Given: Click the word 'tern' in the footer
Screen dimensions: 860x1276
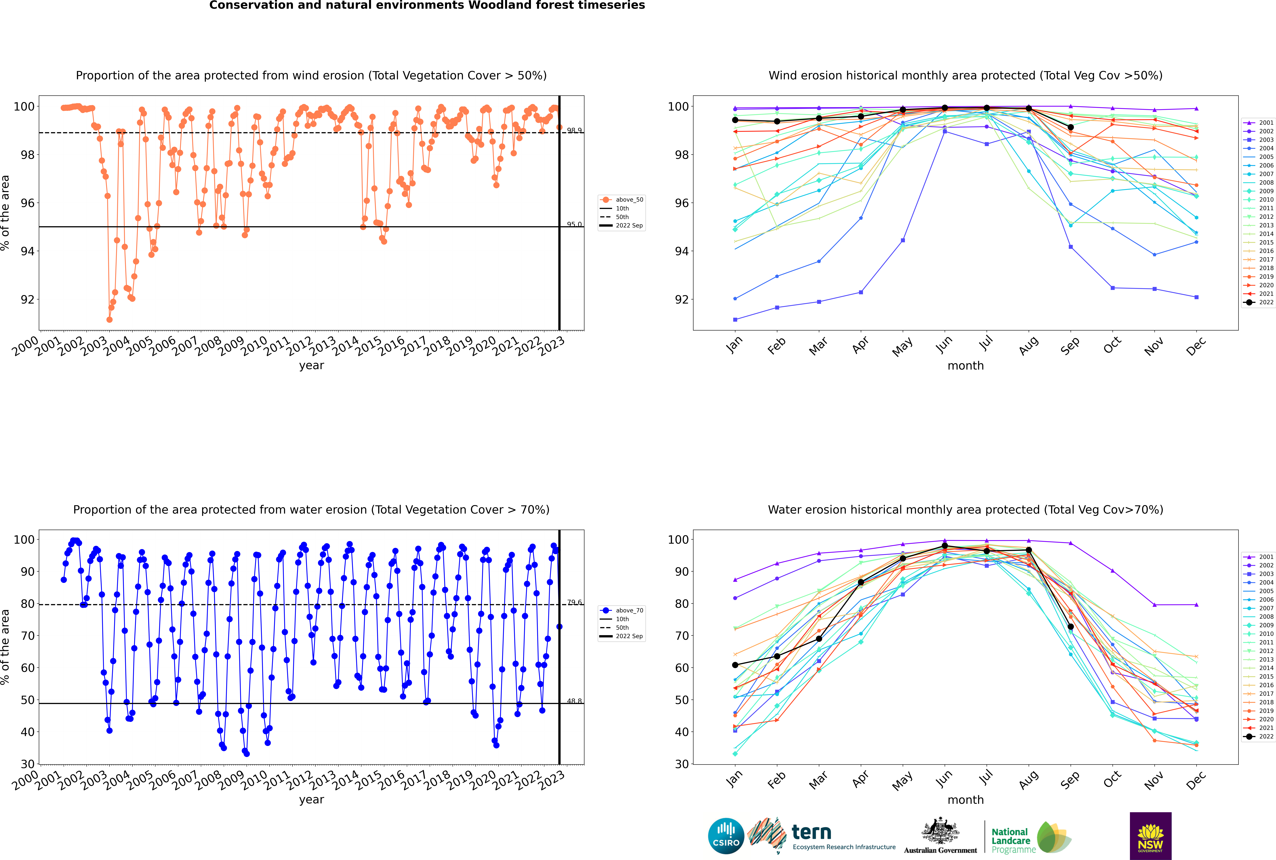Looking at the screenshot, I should tap(811, 833).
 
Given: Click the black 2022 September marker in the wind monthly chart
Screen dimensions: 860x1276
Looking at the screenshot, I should tap(1070, 127).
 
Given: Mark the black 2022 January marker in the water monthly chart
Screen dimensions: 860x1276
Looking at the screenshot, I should tap(735, 665).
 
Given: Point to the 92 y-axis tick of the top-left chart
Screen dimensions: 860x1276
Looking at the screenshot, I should tap(27, 299).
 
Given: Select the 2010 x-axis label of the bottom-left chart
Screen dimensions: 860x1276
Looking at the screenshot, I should tap(255, 779).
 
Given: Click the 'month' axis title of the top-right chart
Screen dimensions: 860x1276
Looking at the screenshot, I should tap(965, 366).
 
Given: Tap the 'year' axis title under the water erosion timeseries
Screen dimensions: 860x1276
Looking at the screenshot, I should tap(312, 800).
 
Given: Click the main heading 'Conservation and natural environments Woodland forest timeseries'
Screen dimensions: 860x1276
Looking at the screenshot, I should tap(427, 5).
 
